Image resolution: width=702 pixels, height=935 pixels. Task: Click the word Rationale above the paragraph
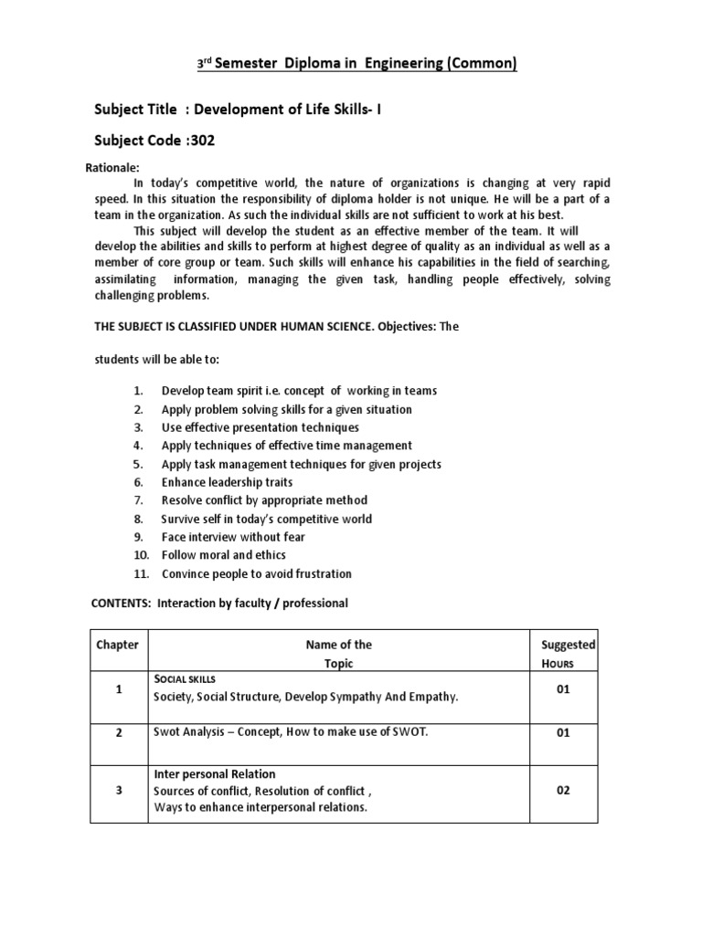112,168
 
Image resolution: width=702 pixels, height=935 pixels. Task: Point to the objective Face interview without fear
233,537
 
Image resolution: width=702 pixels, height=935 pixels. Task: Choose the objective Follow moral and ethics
223,555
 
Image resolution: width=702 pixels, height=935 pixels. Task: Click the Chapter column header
118,645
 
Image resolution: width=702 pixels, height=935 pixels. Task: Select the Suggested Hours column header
568,645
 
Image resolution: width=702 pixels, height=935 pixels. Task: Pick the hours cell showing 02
563,791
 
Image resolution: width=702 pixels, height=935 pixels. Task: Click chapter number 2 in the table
119,732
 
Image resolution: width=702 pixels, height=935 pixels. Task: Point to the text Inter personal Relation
216,772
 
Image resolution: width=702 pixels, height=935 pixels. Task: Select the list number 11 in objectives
140,573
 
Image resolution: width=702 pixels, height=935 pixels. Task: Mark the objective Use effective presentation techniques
260,427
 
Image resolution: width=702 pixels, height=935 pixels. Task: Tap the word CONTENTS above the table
121,604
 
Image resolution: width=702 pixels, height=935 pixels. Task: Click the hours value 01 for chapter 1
563,689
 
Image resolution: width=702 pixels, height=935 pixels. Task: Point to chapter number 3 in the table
119,791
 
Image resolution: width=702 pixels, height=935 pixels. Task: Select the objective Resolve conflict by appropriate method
264,500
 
